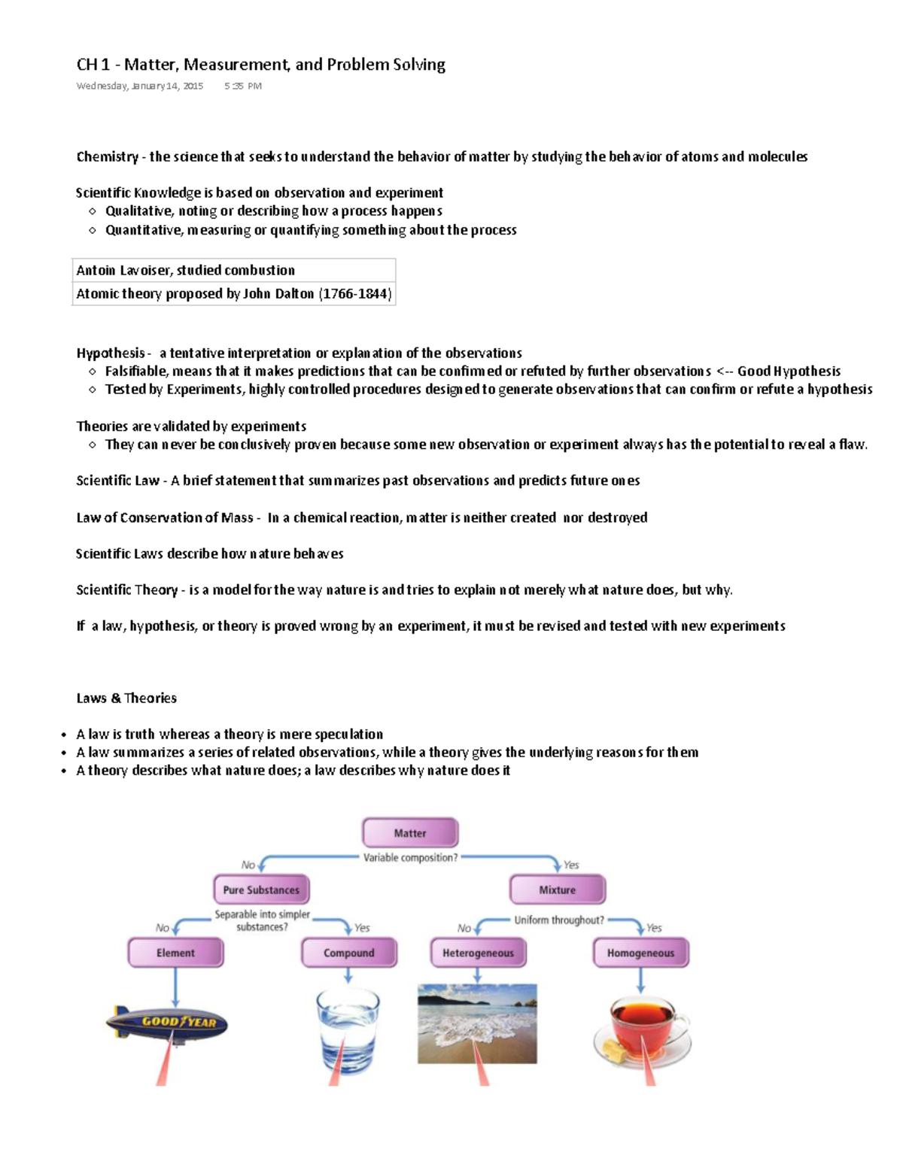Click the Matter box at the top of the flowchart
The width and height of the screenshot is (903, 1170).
tap(410, 833)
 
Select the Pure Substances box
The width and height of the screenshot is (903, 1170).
tap(261, 890)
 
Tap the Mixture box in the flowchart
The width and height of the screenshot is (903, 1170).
tap(557, 890)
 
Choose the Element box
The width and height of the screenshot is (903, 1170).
tap(175, 953)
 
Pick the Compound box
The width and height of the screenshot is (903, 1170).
tap(348, 953)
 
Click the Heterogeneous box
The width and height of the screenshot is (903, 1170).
tap(478, 953)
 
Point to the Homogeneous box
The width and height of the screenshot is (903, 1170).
tap(640, 953)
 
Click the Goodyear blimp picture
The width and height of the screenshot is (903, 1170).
tap(167, 1023)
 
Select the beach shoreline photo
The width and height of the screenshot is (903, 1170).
tap(477, 1023)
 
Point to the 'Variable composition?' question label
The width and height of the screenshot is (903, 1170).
tap(410, 858)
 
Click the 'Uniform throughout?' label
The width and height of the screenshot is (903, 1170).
tap(558, 920)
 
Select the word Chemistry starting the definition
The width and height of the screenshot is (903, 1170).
tap(107, 156)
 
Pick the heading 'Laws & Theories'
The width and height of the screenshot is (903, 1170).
tap(126, 698)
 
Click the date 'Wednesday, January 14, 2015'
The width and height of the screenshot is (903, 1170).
tap(140, 86)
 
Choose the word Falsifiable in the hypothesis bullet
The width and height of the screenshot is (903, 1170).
tap(137, 371)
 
